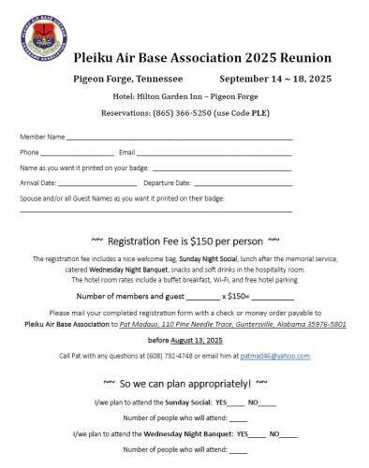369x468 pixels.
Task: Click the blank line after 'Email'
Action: pyautogui.click(x=214, y=153)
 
